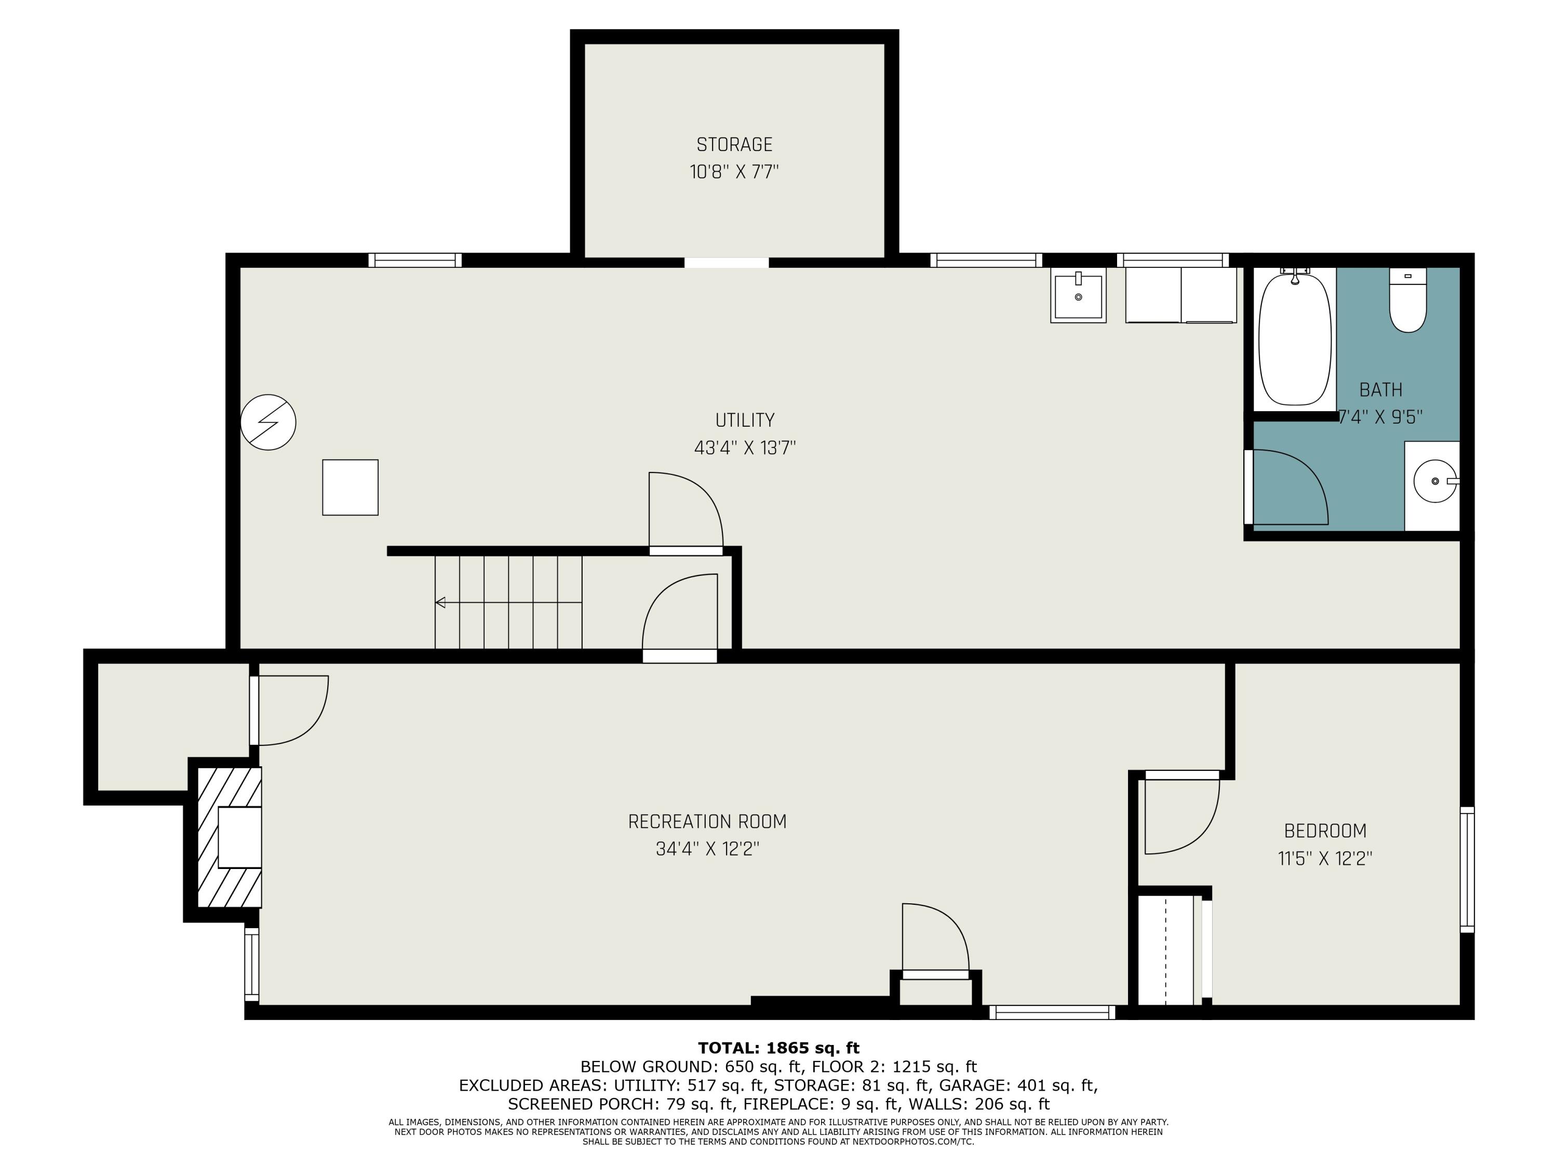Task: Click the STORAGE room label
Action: [734, 144]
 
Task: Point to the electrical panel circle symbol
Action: [268, 423]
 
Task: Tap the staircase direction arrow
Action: [441, 603]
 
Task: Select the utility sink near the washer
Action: [1078, 296]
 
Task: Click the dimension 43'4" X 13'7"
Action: [745, 448]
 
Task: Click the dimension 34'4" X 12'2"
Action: [707, 849]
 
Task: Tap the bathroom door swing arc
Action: [1289, 488]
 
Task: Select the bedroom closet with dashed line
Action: [1166, 950]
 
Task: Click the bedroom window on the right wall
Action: [1467, 870]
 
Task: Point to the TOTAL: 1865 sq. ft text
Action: [778, 1048]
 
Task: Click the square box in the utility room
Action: [350, 487]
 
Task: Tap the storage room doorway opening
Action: [726, 263]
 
